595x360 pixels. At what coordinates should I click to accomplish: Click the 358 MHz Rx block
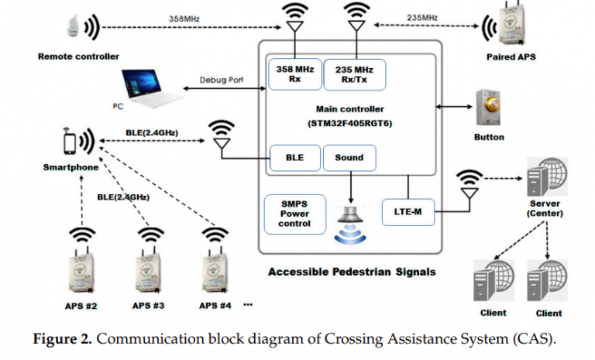pos(293,74)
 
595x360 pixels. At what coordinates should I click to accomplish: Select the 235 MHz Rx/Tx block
pos(353,74)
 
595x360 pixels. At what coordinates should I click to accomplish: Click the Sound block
pos(349,158)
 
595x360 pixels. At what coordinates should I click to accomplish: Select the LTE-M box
pos(405,210)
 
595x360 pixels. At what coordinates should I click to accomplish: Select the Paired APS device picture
pos(512,29)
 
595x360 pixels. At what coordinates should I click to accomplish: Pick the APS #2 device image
pos(81,268)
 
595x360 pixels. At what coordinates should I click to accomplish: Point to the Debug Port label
pos(222,80)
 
